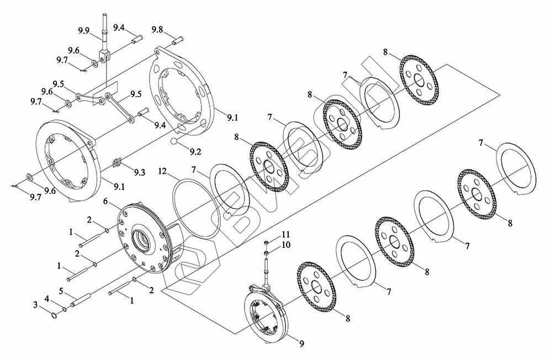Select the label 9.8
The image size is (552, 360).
[157, 29]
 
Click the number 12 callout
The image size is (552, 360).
[163, 171]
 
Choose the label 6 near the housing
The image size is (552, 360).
[105, 202]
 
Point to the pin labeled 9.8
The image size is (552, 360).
[177, 40]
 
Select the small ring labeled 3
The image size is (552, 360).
[53, 316]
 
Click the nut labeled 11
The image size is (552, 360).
[267, 242]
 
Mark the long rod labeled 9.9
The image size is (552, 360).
[103, 33]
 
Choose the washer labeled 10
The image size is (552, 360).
[267, 252]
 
